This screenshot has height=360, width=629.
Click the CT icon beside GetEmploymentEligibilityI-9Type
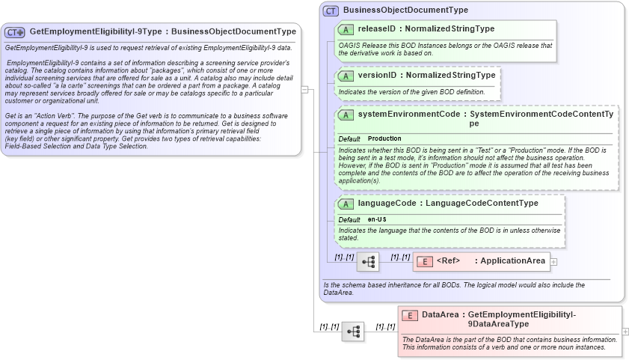coord(15,32)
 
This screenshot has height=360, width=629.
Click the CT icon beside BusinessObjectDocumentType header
coord(331,10)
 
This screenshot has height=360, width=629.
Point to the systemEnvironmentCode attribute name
coord(408,114)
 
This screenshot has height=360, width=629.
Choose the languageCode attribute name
coord(387,203)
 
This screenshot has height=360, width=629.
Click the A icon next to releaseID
coord(346,29)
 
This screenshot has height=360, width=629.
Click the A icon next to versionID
coord(346,76)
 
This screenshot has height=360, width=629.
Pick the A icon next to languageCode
coord(346,204)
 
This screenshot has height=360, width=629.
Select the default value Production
coord(384,138)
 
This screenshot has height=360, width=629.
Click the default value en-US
coord(377,219)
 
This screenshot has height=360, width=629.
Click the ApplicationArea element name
coord(512,260)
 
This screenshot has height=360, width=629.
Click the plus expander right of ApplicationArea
coord(554,261)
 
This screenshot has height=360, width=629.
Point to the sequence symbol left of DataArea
coord(353,331)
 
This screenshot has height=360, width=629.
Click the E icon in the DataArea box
coord(410,315)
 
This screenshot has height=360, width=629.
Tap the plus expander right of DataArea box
coord(625,331)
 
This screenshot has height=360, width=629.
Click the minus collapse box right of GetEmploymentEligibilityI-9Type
coord(304,89)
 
